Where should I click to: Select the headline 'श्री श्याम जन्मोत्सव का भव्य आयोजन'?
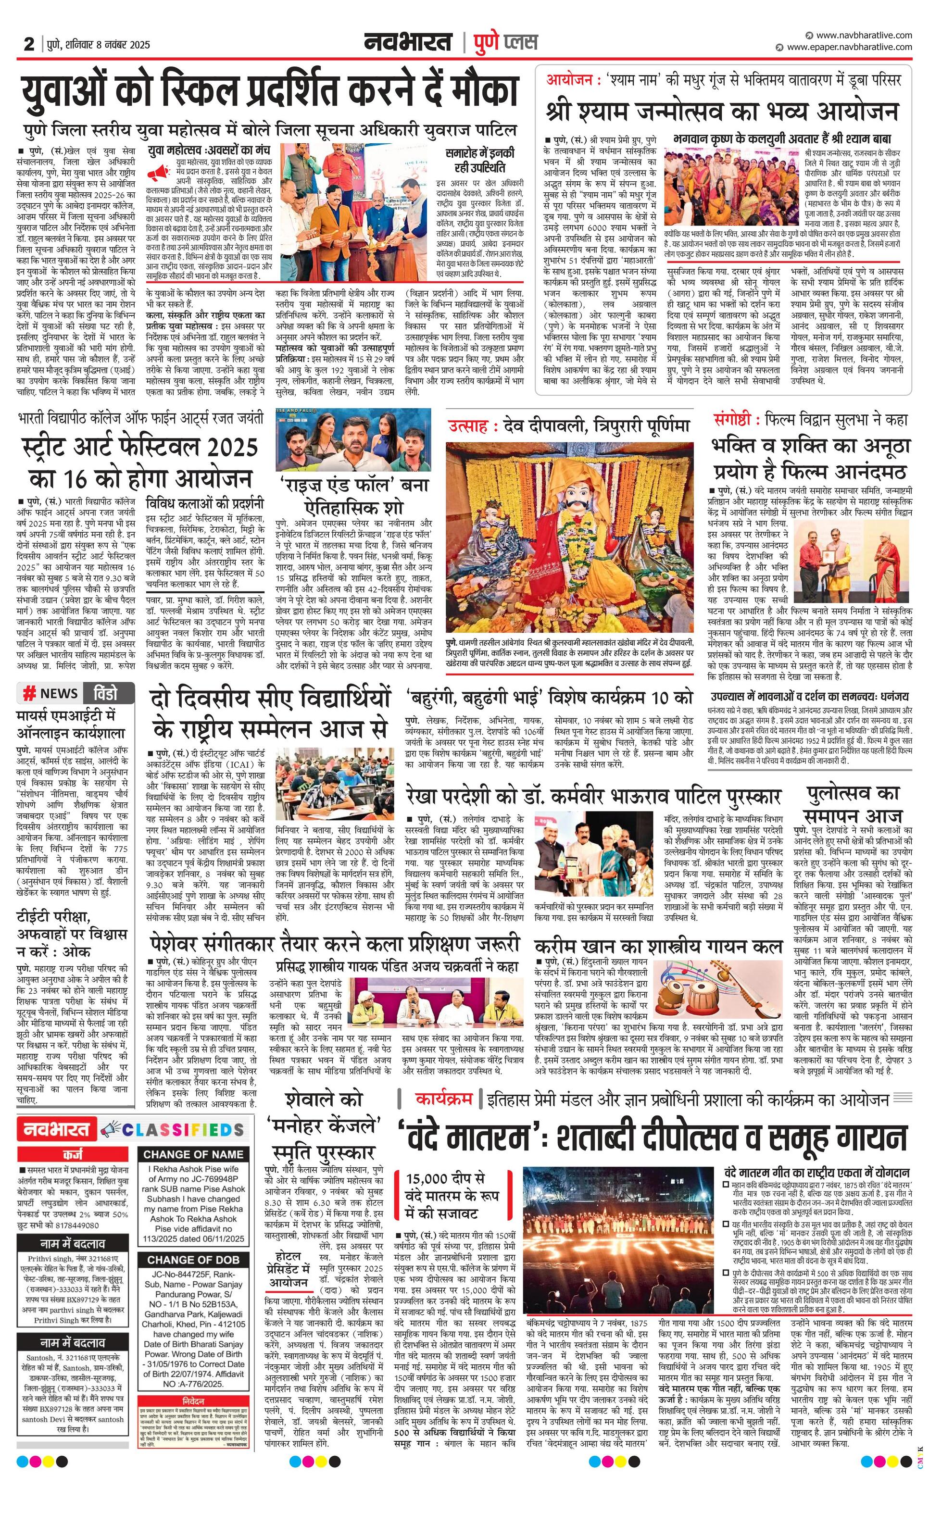tap(722, 112)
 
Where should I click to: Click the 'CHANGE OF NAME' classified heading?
tap(193, 1154)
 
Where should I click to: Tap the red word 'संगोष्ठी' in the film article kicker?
tap(735, 420)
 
